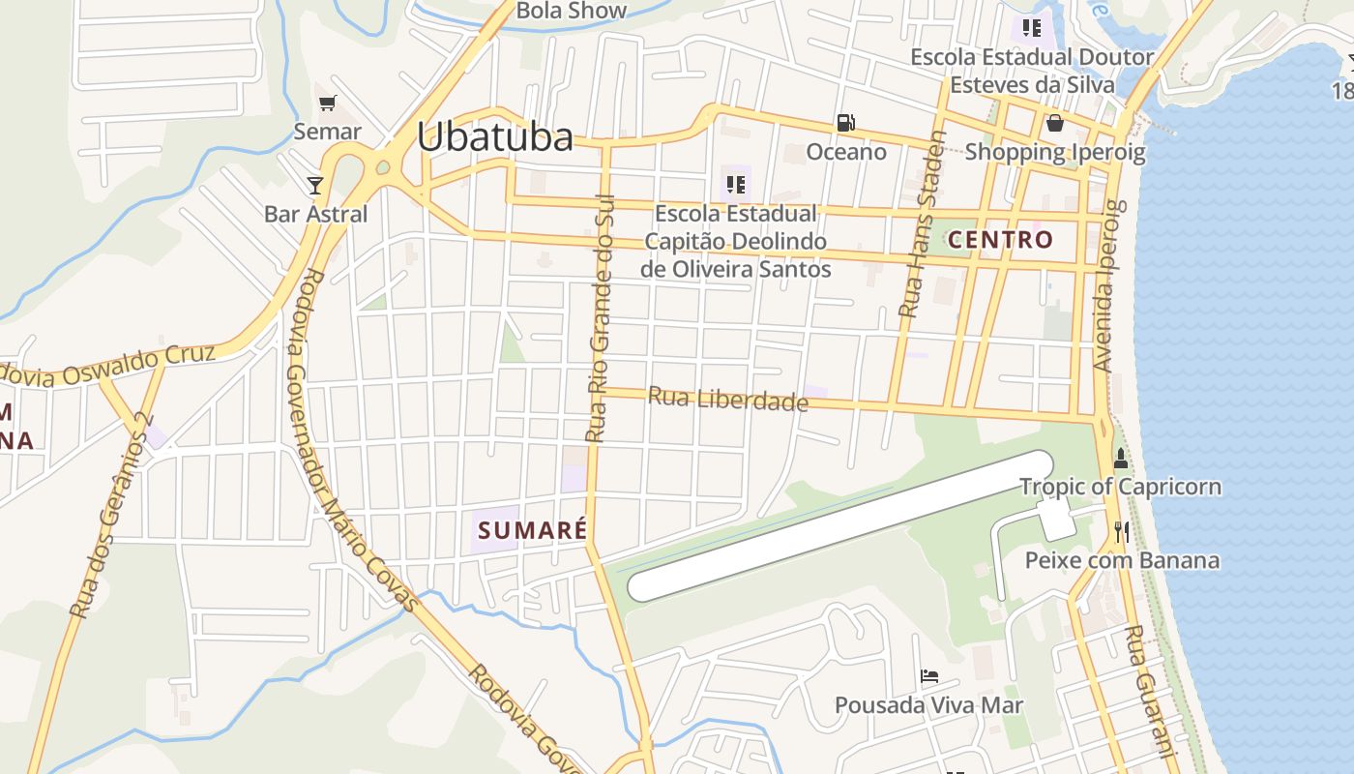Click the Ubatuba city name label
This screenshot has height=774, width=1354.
coord(495,137)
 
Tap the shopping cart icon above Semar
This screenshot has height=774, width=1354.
coord(327,103)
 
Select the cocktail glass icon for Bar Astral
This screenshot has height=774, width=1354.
coord(315,185)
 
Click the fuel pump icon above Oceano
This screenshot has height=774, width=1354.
coord(846,123)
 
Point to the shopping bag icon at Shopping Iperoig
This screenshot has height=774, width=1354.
coord(1054,123)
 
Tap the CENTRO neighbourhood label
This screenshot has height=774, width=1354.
coord(1000,239)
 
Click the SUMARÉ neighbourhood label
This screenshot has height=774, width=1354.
coord(532,530)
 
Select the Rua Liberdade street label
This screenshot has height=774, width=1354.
coord(727,399)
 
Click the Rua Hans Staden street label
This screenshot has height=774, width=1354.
coord(922,224)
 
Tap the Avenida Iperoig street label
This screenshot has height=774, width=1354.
coord(1106,285)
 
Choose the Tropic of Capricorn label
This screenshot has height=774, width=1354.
coord(1120,487)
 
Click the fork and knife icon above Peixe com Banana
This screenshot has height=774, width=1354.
coord(1121,531)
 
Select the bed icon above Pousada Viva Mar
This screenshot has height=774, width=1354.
coord(929,676)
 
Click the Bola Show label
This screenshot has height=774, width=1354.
coord(572,12)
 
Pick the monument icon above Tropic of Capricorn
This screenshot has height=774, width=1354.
coord(1121,459)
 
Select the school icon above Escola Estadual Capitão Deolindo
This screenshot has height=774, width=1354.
coord(735,184)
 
